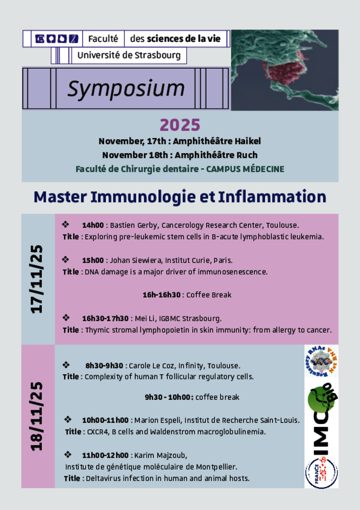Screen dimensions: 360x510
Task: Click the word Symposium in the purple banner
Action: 126,89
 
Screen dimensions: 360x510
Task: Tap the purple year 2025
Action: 180,125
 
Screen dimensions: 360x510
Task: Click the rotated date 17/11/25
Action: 36,279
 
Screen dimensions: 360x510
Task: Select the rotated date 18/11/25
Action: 36,417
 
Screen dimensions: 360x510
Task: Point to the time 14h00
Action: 93,225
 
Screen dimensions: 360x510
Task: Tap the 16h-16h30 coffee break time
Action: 161,295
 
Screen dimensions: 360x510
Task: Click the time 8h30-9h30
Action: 104,366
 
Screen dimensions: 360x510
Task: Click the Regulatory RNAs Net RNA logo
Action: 321,361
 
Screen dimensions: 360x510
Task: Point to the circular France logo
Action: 321,472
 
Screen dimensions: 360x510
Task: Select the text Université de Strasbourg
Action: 129,55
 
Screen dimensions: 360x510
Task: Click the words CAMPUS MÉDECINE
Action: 245,169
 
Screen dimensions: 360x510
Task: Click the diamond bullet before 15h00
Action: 65,259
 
